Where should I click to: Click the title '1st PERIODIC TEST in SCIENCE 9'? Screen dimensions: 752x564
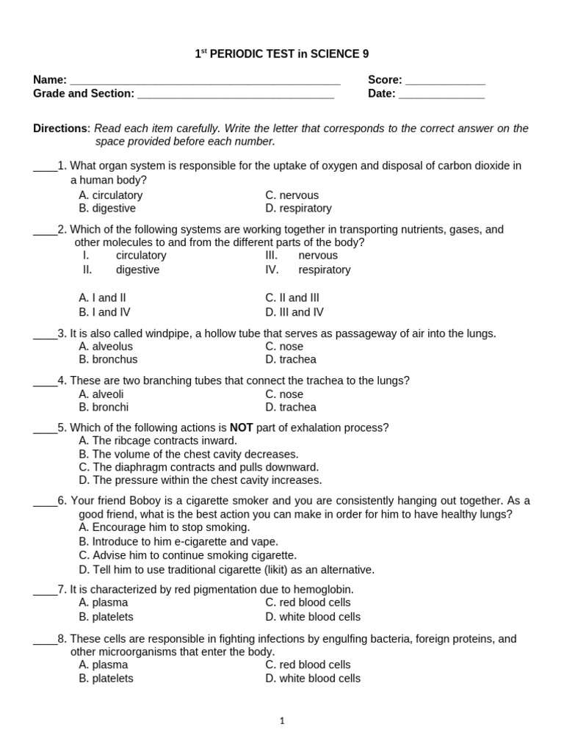(x=281, y=54)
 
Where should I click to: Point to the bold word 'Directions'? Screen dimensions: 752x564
(x=60, y=129)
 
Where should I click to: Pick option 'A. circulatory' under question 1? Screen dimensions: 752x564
(x=110, y=195)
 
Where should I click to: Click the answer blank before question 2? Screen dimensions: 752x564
(x=44, y=231)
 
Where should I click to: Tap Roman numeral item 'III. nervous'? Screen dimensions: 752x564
(x=301, y=256)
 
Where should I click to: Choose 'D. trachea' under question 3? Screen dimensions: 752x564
(x=291, y=360)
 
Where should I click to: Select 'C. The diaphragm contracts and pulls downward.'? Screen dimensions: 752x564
(x=198, y=467)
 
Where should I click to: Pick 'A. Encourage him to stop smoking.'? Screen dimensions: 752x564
(x=164, y=527)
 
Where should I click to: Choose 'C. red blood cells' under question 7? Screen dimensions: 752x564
(x=308, y=603)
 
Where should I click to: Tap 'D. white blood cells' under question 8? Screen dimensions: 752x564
(x=313, y=679)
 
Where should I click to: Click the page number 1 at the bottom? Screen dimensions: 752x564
(x=282, y=721)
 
